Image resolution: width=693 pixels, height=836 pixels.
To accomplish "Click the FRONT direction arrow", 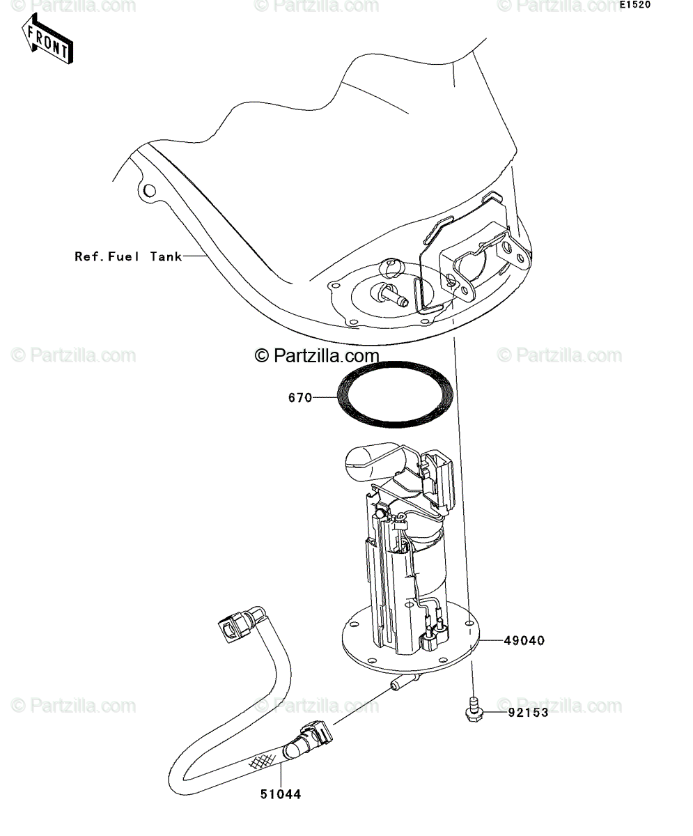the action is point(47,39).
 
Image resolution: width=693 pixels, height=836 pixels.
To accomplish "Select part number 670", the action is point(300,398).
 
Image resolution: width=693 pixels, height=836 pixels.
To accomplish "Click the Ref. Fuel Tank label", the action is point(128,256).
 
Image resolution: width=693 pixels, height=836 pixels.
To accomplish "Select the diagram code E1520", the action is point(635,6).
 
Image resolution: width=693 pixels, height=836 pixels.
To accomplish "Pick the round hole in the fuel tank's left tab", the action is point(149,191).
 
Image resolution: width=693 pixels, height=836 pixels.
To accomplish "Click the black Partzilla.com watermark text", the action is point(317,355).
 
